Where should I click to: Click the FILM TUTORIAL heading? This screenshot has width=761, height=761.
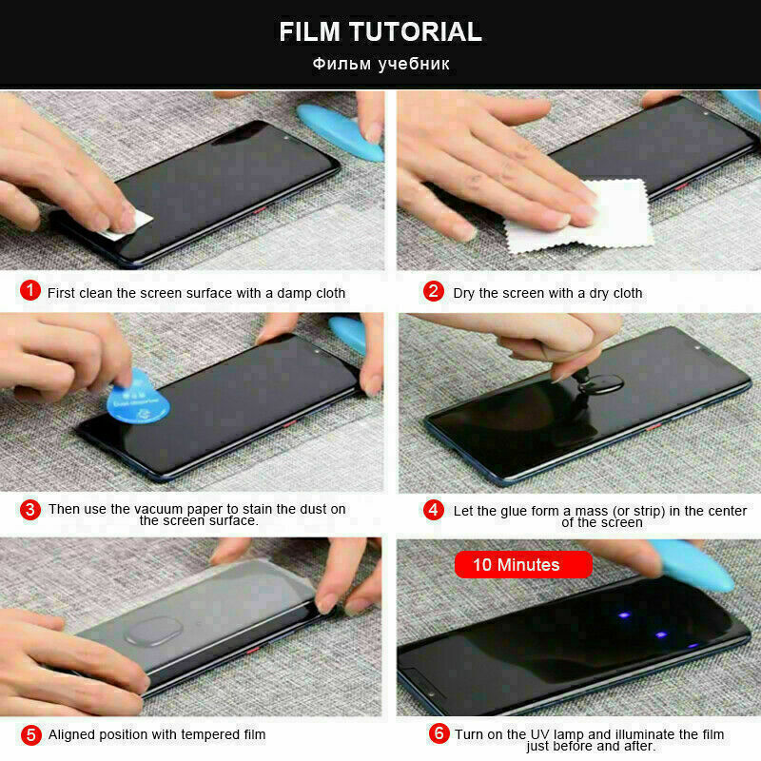(380, 31)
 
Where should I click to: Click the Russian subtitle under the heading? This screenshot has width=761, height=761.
(380, 65)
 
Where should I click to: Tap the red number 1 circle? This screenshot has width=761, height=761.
(31, 291)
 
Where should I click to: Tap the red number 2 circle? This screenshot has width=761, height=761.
(434, 291)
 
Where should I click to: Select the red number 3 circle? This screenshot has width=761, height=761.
(31, 509)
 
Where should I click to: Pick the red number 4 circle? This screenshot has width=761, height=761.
(434, 510)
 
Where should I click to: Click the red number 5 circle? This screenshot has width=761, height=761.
(31, 733)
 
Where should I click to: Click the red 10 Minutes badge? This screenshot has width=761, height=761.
(522, 564)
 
